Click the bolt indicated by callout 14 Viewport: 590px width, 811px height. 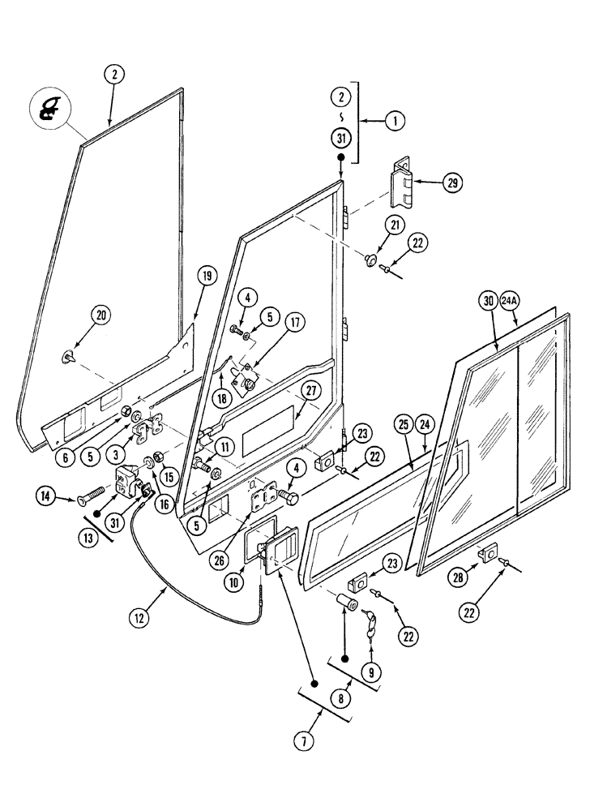(x=90, y=494)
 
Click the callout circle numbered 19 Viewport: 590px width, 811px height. (x=205, y=277)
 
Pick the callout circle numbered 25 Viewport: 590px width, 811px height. (x=403, y=423)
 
